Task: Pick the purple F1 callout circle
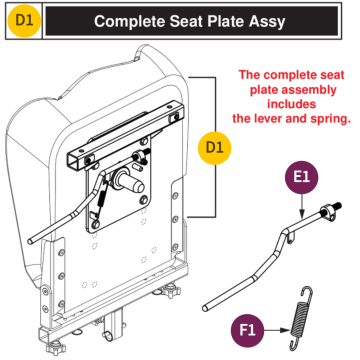[248, 328]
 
